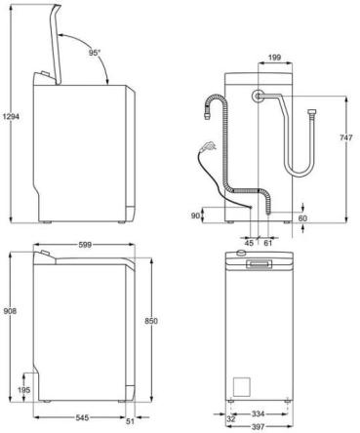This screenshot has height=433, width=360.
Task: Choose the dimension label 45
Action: [249, 242]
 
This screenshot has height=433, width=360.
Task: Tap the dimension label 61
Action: [267, 242]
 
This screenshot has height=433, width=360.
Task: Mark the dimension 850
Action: [149, 322]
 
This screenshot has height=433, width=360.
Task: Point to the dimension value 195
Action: [22, 390]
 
